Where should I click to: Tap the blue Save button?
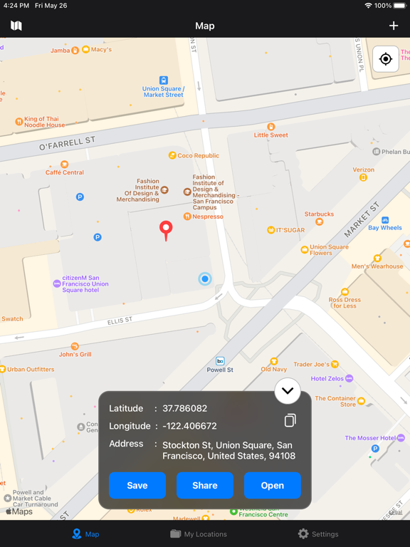point(137,485)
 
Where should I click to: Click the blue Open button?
point(272,485)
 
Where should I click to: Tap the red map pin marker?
point(166,230)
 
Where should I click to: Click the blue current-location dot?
point(205,279)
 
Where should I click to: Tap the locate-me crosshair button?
point(386,59)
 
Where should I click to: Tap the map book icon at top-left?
point(16,26)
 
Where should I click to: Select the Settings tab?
point(317,533)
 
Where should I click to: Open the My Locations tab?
point(199,533)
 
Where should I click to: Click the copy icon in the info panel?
point(290,420)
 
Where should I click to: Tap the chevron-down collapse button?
point(288,390)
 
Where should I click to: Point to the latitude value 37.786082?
point(184,409)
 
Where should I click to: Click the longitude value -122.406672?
point(189,426)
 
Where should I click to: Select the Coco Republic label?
point(198,155)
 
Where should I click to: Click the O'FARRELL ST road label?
point(67,145)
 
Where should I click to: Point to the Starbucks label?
point(319,214)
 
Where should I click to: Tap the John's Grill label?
point(75,354)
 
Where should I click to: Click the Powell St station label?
point(220,370)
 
